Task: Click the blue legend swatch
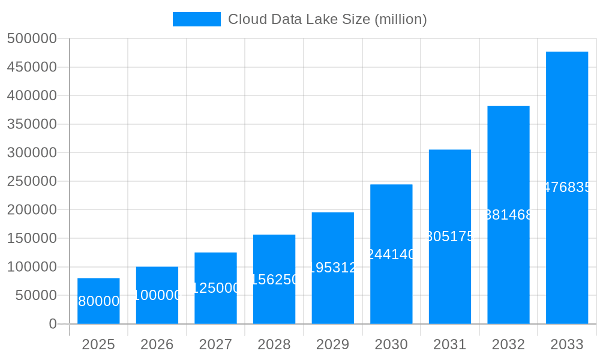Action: click(x=196, y=19)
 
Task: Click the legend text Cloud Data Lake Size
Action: click(x=327, y=19)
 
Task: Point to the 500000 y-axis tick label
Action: click(x=32, y=38)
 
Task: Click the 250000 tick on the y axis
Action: click(x=32, y=181)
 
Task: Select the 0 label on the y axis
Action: click(x=53, y=324)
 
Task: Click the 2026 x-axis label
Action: click(x=157, y=344)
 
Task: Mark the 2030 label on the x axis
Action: click(x=391, y=344)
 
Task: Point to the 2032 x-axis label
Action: click(x=508, y=344)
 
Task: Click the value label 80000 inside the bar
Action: click(x=98, y=301)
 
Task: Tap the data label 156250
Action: click(x=274, y=280)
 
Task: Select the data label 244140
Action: click(x=391, y=254)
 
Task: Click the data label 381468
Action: click(x=508, y=215)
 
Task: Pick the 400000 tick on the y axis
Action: click(x=32, y=95)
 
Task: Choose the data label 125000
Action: click(x=215, y=288)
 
